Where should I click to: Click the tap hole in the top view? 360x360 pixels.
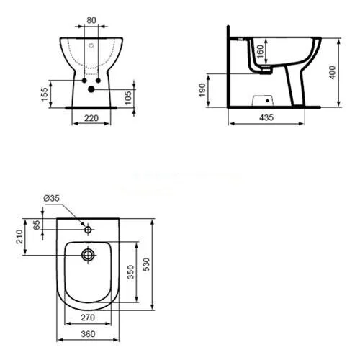tap(88, 231)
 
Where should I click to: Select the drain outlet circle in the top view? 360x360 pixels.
tap(88, 254)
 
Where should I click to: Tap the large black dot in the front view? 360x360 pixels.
tap(91, 90)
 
